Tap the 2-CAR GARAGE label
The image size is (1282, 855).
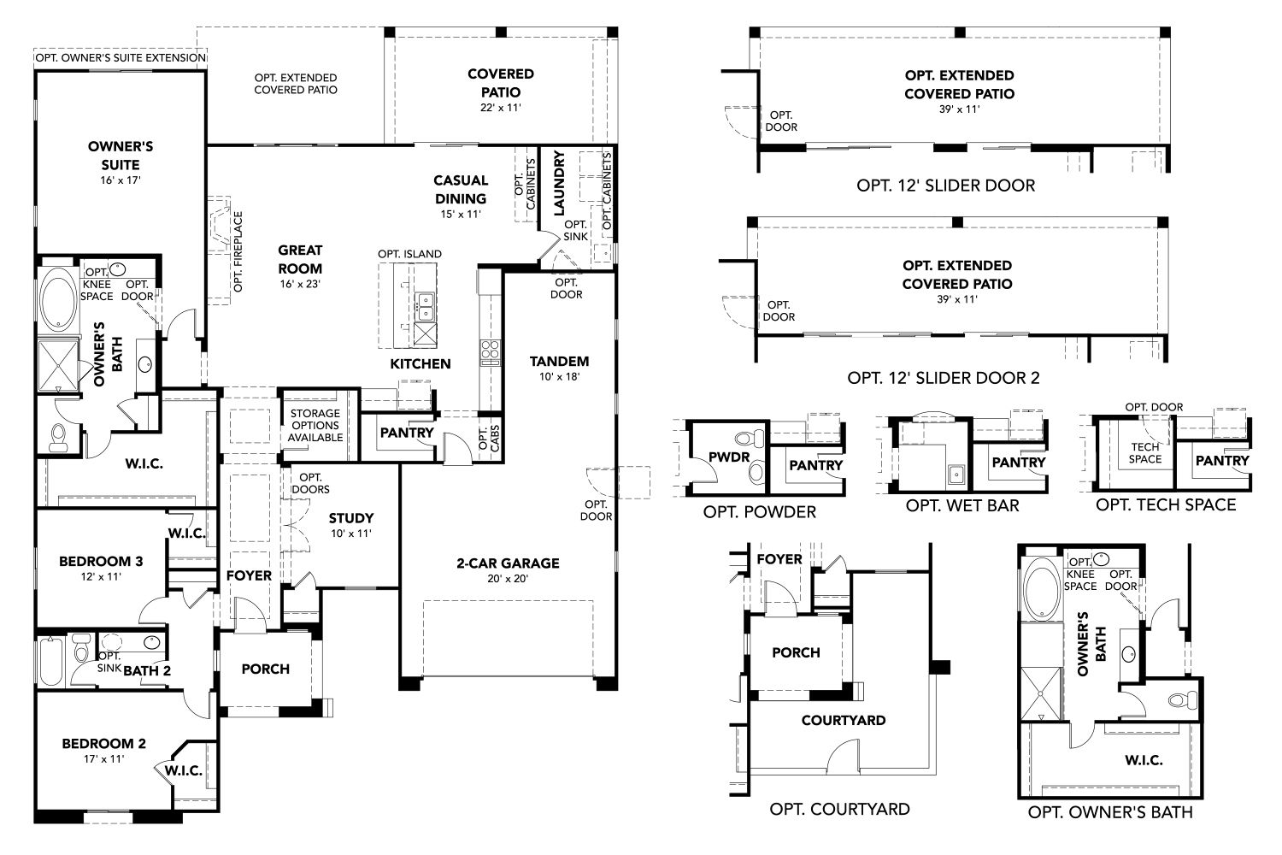click(x=508, y=563)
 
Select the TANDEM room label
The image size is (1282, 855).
click(x=559, y=361)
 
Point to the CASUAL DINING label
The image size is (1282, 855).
click(x=461, y=189)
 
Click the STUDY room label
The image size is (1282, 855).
click(x=351, y=518)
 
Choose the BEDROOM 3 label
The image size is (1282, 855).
click(x=100, y=562)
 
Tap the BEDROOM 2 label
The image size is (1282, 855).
click(x=103, y=743)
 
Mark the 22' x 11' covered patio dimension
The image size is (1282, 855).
click(x=500, y=108)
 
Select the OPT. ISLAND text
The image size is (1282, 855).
click(x=410, y=254)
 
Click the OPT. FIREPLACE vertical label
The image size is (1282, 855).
click(x=238, y=251)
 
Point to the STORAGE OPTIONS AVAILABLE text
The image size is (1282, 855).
click(x=314, y=425)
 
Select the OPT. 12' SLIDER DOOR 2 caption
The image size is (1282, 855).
click(x=944, y=377)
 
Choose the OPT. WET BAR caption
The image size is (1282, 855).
click(x=962, y=505)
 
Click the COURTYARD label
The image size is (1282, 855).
click(x=843, y=720)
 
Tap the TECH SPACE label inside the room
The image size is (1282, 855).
click(x=1145, y=453)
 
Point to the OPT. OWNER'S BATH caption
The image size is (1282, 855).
click(x=1110, y=812)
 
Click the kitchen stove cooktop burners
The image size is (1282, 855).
click(x=490, y=351)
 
